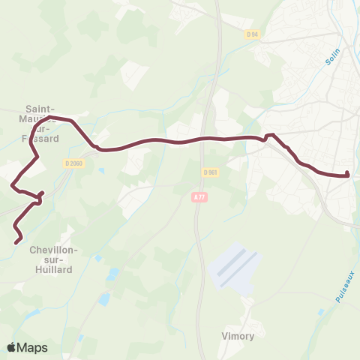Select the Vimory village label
[238, 336]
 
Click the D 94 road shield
[251, 34]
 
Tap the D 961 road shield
[210, 172]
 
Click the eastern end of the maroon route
[348, 175]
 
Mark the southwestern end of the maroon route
[18, 241]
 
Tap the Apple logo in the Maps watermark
[11, 347]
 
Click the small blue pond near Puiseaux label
[321, 310]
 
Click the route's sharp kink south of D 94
[269, 136]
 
